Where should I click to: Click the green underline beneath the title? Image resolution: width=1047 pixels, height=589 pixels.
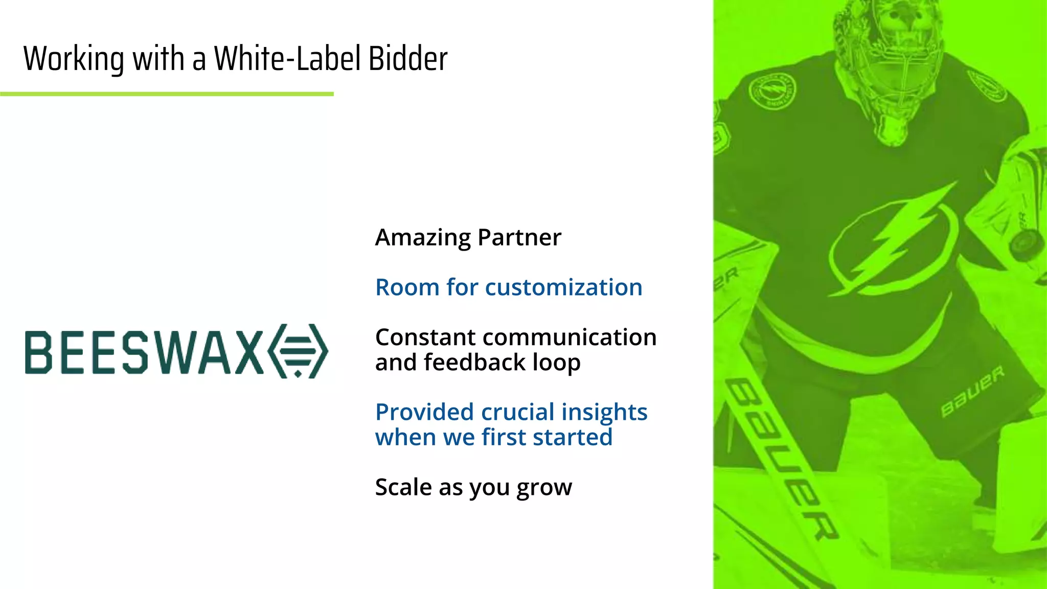[x=167, y=94]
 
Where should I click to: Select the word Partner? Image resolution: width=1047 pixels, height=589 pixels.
[x=519, y=237]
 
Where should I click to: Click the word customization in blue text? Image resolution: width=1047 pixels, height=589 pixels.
[x=563, y=287]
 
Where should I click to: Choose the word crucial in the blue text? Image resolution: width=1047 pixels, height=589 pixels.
[x=517, y=412]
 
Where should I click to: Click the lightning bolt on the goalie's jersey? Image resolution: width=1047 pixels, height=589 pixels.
[x=892, y=240]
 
